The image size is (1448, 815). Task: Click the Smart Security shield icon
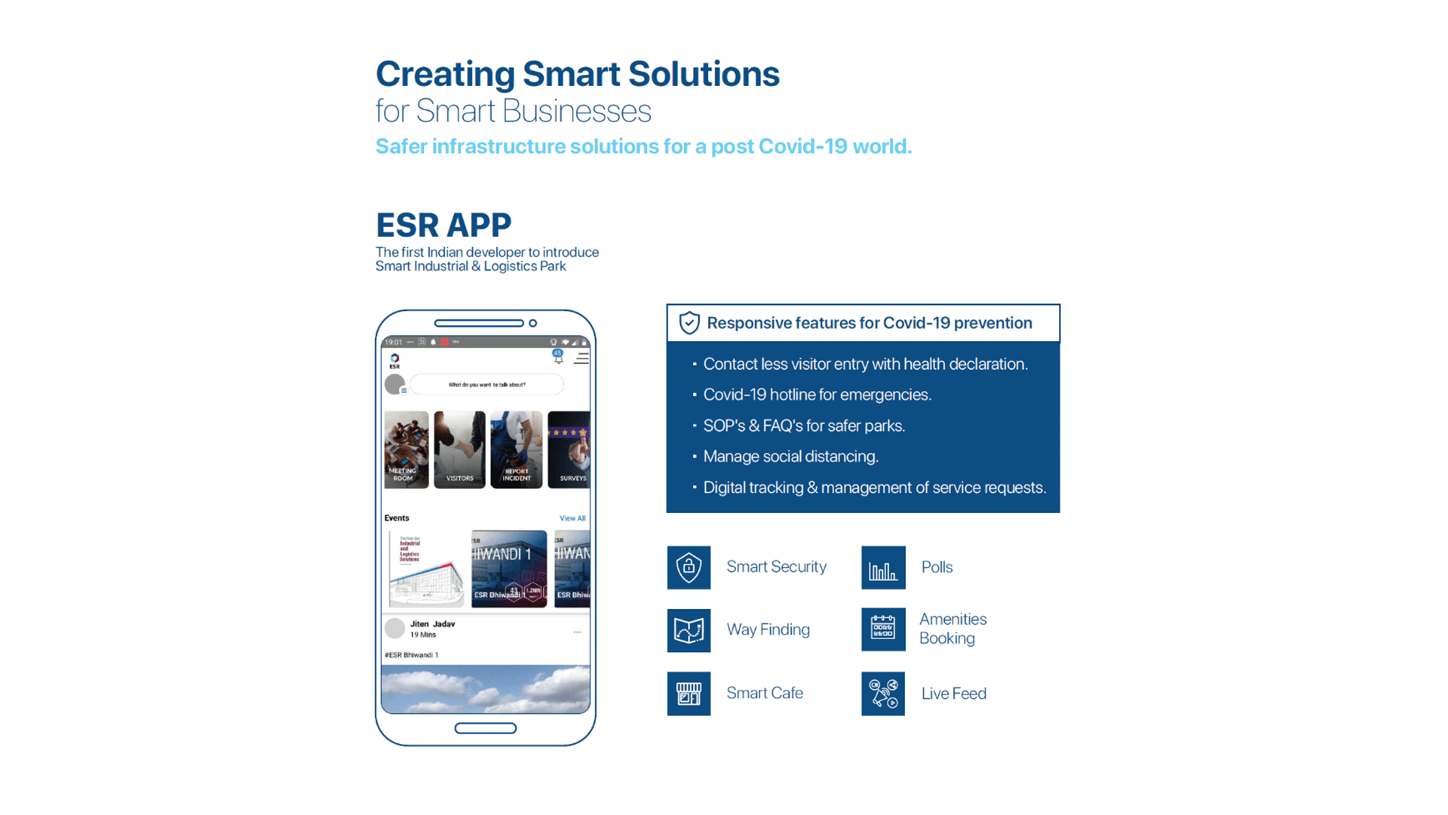coord(689,567)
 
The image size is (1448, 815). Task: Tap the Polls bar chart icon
coord(883,567)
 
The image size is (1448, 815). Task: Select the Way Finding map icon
coord(689,630)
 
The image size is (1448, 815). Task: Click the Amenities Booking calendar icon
coord(883,629)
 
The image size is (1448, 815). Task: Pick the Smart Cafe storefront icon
coord(689,694)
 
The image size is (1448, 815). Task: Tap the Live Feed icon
coord(883,694)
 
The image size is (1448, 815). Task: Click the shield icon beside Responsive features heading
coord(689,323)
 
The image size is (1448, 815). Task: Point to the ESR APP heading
coord(443,225)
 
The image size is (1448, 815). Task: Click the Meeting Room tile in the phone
coord(406,450)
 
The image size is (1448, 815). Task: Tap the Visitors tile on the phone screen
coord(459,450)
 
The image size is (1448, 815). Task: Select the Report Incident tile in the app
coord(517,450)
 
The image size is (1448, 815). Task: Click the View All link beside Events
coord(572,518)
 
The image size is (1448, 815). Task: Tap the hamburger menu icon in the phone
coord(581,358)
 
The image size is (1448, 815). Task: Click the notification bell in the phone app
coord(558,358)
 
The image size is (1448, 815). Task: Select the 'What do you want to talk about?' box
coord(487,385)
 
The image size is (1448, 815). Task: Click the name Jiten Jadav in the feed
coord(432,624)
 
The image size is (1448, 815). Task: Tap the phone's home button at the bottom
coord(486,728)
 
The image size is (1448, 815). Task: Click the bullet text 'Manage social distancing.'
coord(790,457)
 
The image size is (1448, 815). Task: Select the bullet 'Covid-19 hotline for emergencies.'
coord(817,395)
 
